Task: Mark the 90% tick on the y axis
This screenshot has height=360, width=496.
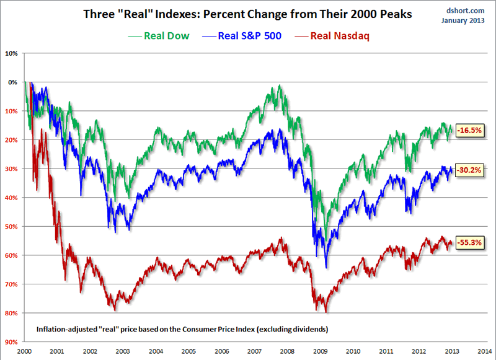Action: [x=12, y=342]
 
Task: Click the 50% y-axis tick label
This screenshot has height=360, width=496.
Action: [x=12, y=226]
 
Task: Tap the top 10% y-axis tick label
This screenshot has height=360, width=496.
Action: [x=12, y=53]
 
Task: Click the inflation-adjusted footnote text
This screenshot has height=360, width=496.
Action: [x=182, y=328]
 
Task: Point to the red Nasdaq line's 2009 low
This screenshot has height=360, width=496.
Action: [x=325, y=310]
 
